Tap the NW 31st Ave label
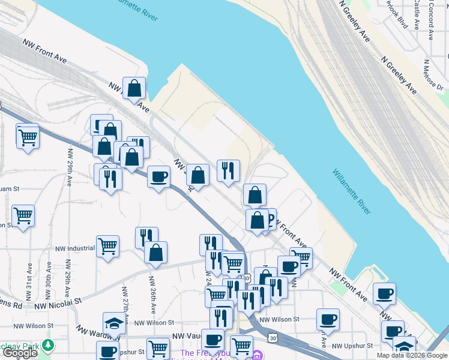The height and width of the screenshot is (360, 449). [x=28, y=282]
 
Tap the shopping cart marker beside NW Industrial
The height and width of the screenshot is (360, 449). [x=107, y=245]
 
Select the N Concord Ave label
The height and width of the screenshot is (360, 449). [x=430, y=23]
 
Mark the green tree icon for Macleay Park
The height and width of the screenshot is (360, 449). [x=46, y=346]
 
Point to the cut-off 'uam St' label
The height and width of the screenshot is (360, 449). [x=10, y=188]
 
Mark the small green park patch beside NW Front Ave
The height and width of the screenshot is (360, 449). [x=337, y=287]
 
